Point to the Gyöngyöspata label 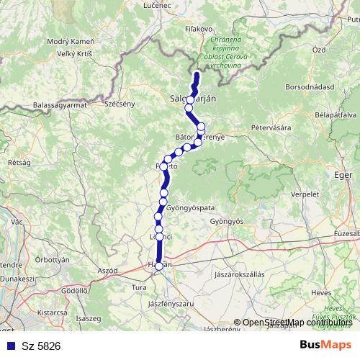[189, 207]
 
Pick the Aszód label [107, 269]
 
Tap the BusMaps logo [325, 345]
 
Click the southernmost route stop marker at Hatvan [159, 266]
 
